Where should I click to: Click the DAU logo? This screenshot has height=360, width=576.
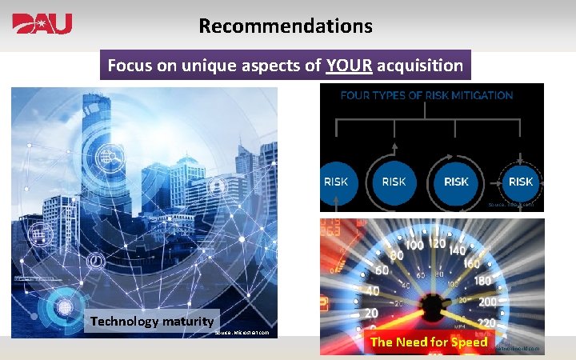(x=42, y=24)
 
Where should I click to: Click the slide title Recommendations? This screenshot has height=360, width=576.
(x=286, y=26)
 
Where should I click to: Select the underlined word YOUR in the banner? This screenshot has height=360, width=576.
(x=349, y=66)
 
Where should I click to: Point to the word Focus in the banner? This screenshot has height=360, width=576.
(x=130, y=66)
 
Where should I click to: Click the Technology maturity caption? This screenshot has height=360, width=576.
(x=152, y=322)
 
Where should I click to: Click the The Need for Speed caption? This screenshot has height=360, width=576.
(x=429, y=342)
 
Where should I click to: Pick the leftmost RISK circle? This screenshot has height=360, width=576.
(x=335, y=182)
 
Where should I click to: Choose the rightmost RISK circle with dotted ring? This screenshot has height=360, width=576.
(x=520, y=182)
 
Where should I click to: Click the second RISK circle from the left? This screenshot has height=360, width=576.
(x=394, y=182)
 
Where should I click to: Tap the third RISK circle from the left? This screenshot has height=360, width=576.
(x=456, y=182)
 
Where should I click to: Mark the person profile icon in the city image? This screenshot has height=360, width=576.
(x=217, y=187)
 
